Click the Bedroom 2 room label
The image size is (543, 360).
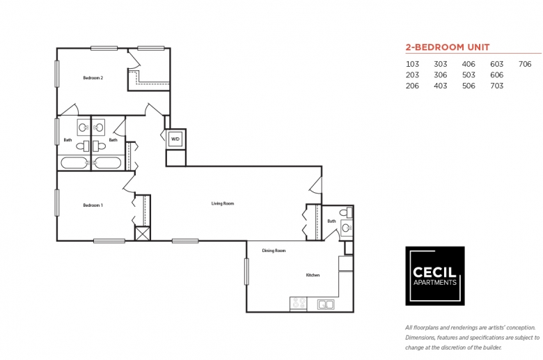(93, 78)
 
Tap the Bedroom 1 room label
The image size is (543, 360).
(93, 205)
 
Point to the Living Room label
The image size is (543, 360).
(223, 203)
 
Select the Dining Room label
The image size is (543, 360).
(274, 251)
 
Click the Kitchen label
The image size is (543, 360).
(313, 275)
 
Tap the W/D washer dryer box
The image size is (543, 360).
(175, 139)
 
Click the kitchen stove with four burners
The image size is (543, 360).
(299, 304)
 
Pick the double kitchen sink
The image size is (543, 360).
(325, 304)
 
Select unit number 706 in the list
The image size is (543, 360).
(525, 64)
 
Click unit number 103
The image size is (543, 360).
(413, 64)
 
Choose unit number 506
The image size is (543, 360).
(469, 86)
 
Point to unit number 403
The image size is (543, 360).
(440, 86)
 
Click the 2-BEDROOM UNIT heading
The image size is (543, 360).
(447, 47)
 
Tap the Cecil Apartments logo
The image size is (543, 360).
(435, 276)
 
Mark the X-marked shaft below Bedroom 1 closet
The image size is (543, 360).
(142, 233)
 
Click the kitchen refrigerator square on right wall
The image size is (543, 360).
(346, 263)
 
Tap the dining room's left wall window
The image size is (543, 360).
(246, 272)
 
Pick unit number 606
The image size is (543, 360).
(496, 75)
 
